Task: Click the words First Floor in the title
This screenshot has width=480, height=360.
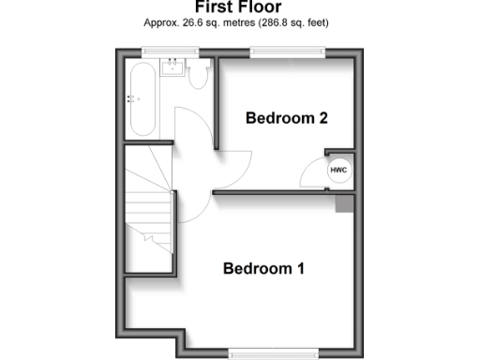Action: (x=240, y=7)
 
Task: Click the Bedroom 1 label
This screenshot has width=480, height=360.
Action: (x=263, y=269)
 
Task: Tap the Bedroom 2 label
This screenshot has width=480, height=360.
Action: (x=286, y=118)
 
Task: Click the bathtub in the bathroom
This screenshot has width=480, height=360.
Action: (x=145, y=99)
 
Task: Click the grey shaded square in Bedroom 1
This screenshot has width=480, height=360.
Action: (x=344, y=204)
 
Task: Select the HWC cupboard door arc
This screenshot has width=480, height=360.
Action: (x=312, y=175)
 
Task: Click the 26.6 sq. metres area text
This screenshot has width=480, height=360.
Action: (x=209, y=22)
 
